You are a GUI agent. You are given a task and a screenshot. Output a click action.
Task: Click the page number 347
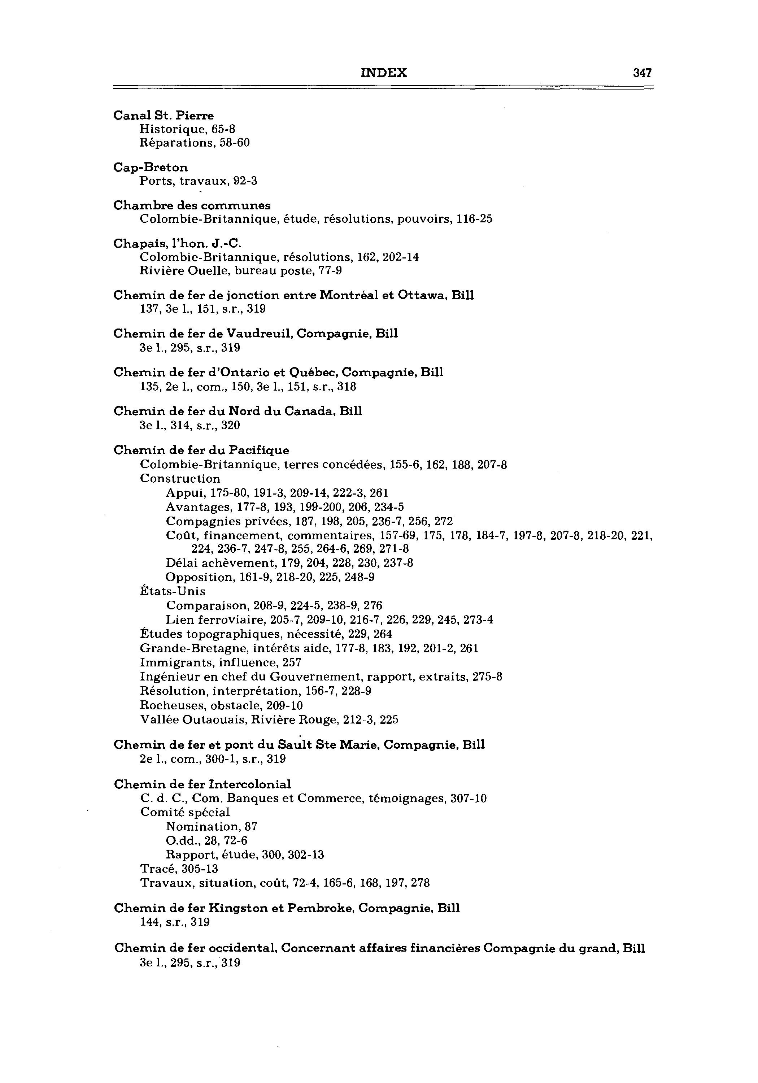(x=642, y=73)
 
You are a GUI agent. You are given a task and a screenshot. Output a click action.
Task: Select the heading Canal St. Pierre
(x=164, y=116)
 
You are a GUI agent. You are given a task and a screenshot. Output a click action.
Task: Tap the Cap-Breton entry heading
(x=151, y=168)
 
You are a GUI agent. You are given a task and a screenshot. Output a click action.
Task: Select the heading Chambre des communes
(x=192, y=206)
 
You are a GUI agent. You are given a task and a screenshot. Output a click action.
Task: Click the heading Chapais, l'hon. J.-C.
(x=177, y=244)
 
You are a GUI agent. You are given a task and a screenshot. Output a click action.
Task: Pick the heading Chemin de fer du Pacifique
(x=201, y=451)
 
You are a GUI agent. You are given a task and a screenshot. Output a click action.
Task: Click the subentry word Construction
(x=180, y=479)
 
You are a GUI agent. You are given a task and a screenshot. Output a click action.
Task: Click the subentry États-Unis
(x=173, y=592)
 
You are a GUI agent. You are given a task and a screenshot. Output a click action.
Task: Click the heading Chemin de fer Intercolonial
(x=202, y=784)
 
